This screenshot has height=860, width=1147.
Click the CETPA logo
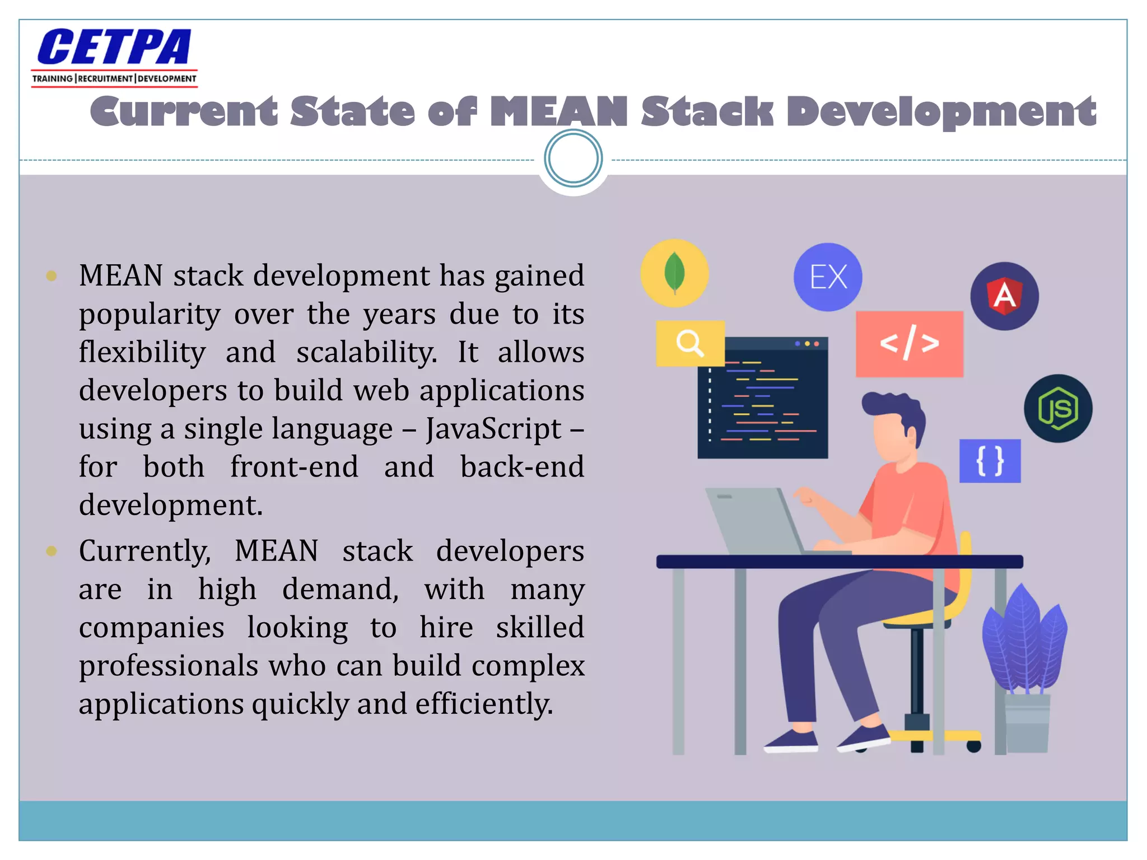[114, 56]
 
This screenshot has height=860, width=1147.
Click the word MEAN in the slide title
[558, 111]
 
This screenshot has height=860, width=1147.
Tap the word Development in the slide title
[941, 111]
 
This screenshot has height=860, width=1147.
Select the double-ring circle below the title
[573, 158]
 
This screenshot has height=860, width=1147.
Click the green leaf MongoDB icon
[674, 273]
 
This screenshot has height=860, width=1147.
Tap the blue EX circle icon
[828, 277]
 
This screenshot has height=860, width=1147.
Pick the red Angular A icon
[1004, 296]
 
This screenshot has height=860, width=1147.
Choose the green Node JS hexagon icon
[1058, 408]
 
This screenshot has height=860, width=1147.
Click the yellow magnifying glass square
[690, 343]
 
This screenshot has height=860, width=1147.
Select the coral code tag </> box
[909, 344]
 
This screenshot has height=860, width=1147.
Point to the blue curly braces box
[990, 461]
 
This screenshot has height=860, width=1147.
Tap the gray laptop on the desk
[756, 521]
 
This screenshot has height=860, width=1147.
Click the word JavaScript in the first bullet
[493, 429]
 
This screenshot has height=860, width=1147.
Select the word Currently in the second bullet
[144, 551]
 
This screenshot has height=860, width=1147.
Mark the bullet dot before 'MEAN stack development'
[52, 275]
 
